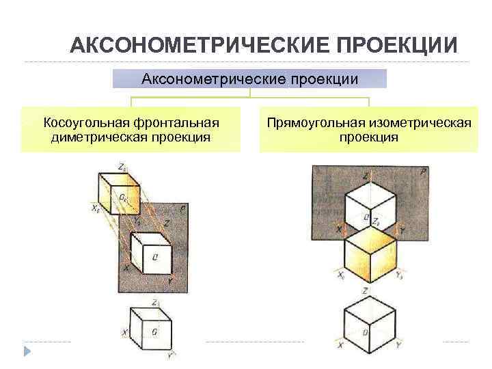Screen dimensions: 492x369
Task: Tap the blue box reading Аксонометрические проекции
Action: [249, 79]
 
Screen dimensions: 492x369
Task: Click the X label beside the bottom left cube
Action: [125, 333]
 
